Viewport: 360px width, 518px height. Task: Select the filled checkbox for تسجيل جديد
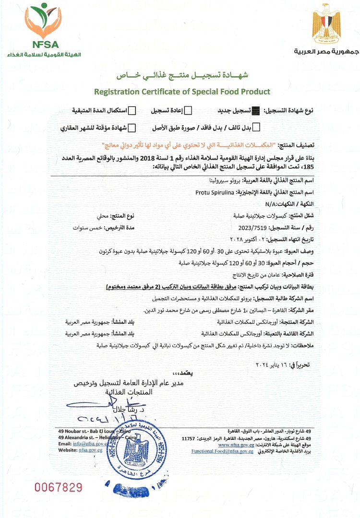(255, 111)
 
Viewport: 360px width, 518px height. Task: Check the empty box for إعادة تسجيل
(189, 111)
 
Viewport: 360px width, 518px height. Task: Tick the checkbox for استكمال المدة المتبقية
(132, 111)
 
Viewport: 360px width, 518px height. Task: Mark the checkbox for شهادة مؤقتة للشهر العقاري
(132, 128)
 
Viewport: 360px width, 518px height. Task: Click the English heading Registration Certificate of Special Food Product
(182, 91)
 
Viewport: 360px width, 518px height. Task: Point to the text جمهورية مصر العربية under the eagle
(326, 51)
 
